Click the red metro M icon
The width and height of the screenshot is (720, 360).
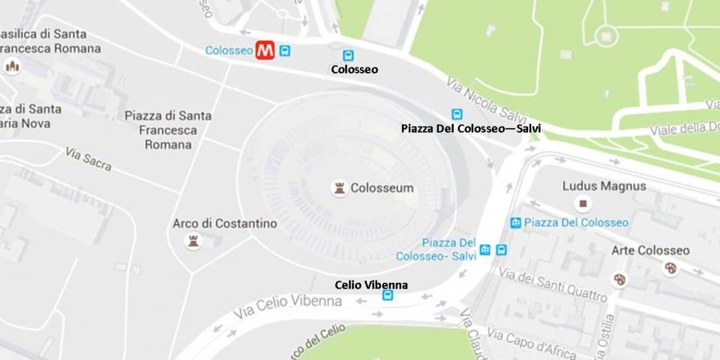tap(265, 50)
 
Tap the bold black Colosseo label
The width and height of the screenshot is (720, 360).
tap(354, 70)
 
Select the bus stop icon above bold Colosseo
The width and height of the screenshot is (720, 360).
tap(348, 55)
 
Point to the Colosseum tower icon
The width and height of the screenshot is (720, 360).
tap(340, 188)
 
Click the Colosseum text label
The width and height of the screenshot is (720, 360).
tap(382, 188)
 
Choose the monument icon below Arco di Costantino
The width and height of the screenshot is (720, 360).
tap(194, 241)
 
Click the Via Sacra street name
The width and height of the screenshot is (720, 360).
tap(88, 159)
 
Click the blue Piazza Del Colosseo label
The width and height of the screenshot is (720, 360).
tap(576, 223)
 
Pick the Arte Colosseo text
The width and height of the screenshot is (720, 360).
tap(650, 250)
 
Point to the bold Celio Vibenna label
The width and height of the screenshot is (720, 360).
tap(370, 285)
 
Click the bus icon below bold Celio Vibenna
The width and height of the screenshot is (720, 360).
tap(387, 296)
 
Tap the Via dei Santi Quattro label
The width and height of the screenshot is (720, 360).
tap(552, 285)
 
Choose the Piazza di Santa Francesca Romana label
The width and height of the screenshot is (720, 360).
tap(168, 130)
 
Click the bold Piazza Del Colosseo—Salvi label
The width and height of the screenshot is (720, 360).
tap(471, 129)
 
